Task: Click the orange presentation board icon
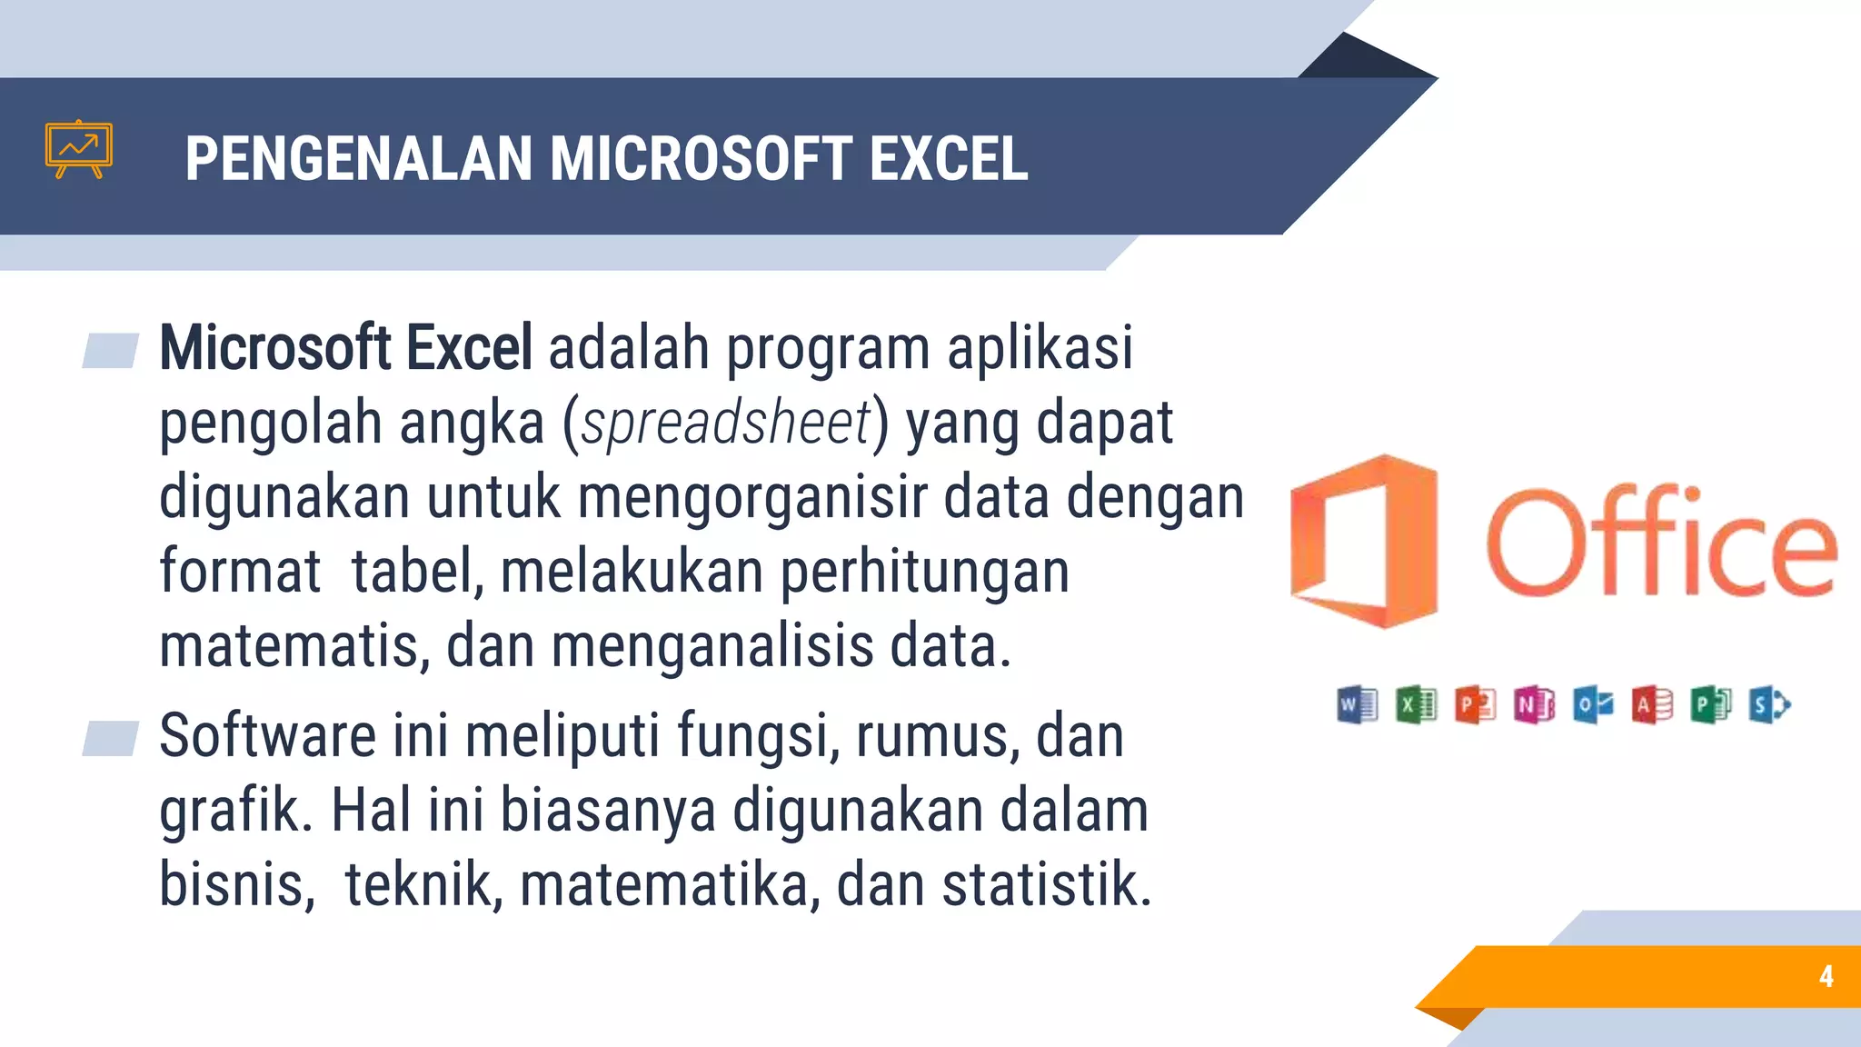79,149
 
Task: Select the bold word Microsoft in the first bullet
275,348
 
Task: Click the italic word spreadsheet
726,424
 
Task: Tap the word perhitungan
924,573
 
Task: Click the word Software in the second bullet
267,735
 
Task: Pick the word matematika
664,884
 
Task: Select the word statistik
1046,884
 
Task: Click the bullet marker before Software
110,738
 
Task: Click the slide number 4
1826,976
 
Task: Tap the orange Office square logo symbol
1364,542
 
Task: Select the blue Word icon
1358,704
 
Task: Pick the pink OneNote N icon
1534,704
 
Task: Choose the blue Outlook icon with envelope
1593,704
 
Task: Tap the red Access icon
1652,704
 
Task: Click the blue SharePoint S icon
1769,704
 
